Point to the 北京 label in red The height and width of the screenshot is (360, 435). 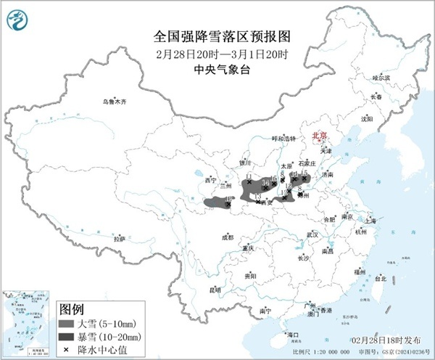(319, 136)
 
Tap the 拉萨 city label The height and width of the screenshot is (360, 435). (120, 238)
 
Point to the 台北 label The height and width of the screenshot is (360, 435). (381, 278)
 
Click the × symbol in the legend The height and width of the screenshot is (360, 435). (67, 351)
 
